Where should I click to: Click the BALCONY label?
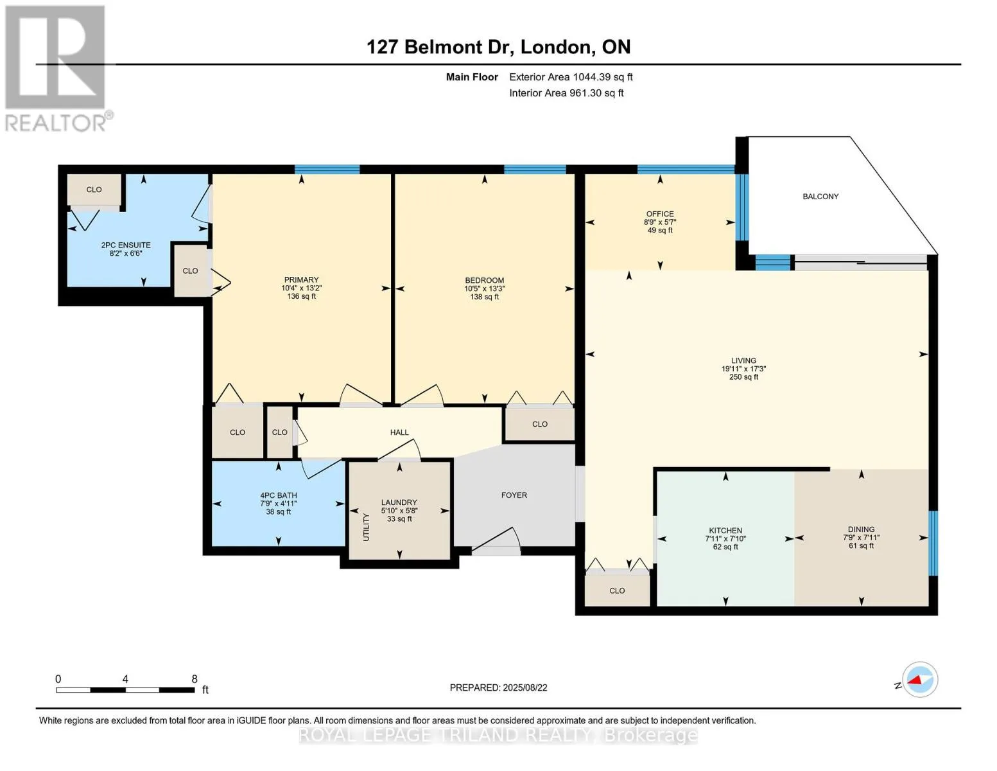820,197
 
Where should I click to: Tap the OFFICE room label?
660,214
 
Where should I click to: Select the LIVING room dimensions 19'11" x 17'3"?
743,369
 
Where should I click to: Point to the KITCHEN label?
725,530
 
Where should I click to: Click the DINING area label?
861,529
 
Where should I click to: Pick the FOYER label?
514,495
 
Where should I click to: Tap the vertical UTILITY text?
366,527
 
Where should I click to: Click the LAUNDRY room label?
399,502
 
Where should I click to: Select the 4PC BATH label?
279,495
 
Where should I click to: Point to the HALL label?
399,432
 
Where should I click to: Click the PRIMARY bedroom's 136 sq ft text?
302,296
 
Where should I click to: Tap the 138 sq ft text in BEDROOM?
485,297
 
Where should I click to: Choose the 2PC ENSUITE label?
126,245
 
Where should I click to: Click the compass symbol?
919,680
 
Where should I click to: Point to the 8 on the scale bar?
195,678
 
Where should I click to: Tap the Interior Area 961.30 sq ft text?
566,93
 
